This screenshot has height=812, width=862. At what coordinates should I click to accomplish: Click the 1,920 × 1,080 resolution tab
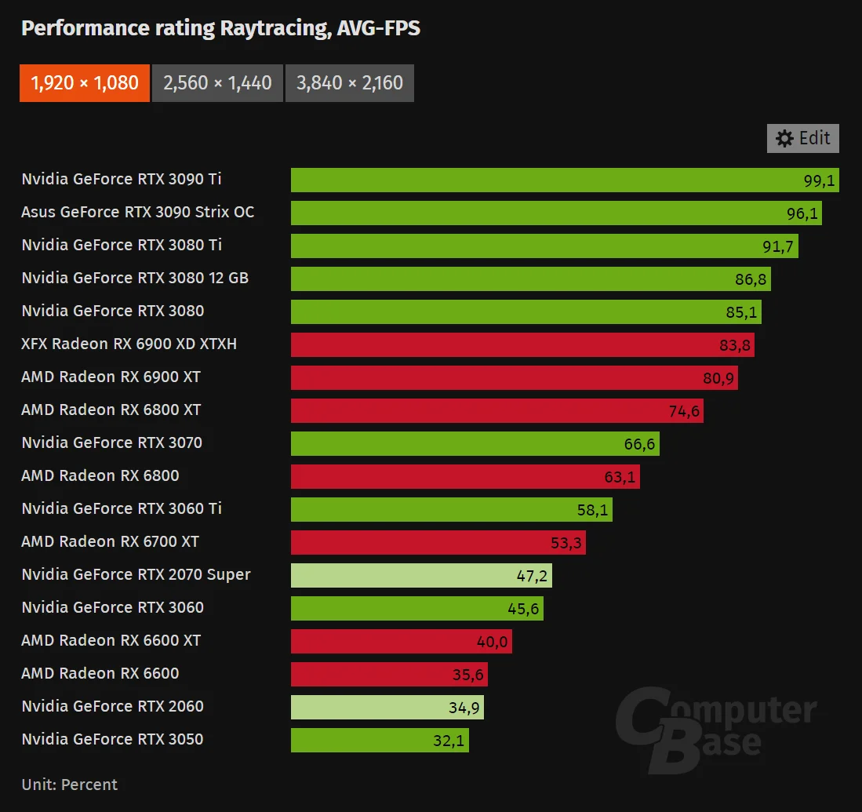pos(85,83)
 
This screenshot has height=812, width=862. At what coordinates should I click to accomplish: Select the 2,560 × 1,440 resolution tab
pos(218,83)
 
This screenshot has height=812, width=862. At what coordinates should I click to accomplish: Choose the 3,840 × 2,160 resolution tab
pos(350,83)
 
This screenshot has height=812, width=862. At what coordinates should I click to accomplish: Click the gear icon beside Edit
pos(784,139)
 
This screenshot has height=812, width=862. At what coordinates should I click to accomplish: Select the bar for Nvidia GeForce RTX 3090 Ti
pos(565,180)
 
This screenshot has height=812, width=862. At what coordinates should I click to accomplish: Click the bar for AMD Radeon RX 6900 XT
pos(514,377)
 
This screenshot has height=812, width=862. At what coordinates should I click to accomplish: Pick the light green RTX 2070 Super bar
pos(421,575)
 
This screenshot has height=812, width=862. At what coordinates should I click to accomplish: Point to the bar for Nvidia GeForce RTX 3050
pos(380,740)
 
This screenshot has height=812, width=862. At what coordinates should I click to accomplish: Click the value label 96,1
pos(802,213)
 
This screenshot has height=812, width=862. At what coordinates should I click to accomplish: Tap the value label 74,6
pos(684,411)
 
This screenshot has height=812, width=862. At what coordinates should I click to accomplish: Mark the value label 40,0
pos(492,642)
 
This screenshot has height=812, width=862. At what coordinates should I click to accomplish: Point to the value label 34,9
pos(464,708)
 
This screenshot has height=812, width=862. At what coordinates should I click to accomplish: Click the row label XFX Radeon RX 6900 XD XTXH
pos(129,344)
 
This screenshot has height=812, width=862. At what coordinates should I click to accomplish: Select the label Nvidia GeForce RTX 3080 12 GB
pos(135,279)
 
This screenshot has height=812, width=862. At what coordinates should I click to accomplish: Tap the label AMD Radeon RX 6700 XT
pos(110,541)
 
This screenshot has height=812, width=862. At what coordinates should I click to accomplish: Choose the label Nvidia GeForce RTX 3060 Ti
pos(122,508)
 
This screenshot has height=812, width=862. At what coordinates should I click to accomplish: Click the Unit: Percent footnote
pos(69,785)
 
